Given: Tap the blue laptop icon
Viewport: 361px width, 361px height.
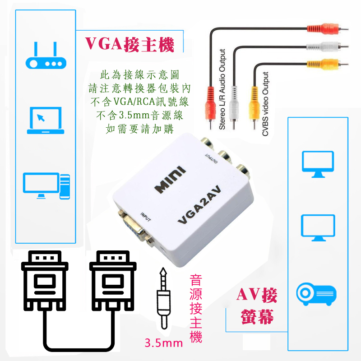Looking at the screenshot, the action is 46,120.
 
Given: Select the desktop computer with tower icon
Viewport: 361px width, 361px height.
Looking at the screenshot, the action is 46,186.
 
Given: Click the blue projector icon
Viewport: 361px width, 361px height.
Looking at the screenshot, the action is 316,294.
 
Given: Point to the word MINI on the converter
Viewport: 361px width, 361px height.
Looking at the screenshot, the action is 170,179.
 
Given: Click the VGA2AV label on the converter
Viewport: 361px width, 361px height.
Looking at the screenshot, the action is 199,205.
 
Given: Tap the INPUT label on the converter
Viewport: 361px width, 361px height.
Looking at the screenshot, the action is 146,217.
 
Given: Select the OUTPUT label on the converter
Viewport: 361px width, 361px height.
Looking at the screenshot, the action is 211,158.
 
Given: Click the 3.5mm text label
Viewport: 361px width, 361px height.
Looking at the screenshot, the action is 164,343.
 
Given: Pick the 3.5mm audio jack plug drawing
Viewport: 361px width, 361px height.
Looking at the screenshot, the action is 163,298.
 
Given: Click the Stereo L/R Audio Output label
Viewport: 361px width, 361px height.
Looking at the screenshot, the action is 222,89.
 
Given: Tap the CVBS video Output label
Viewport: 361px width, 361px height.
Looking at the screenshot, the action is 265,104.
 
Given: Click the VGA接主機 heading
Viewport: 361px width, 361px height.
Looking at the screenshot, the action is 130,44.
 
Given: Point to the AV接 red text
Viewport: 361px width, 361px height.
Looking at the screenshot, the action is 257,295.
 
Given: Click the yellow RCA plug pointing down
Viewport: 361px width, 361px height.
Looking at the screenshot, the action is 254,107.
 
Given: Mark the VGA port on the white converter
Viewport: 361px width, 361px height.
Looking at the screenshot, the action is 136,228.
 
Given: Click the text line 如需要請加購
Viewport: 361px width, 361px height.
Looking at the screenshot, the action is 140,129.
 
